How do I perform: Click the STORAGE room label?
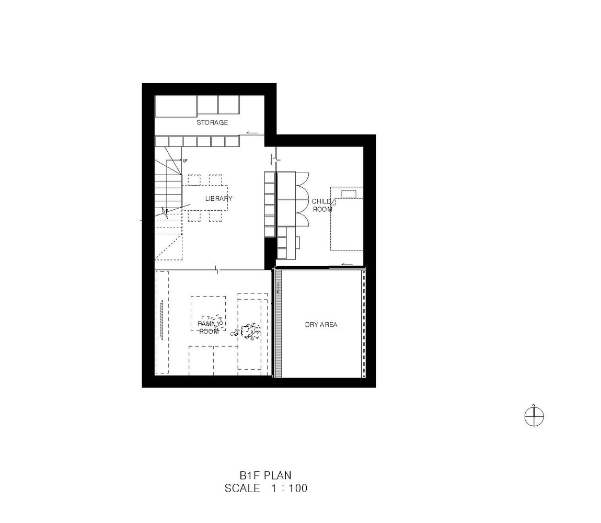tap(212, 122)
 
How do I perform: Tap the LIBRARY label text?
tap(218, 198)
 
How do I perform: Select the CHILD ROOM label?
tap(322, 206)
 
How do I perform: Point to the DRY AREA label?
tap(321, 325)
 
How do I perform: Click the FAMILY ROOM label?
tap(209, 328)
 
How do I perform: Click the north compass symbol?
tap(534, 416)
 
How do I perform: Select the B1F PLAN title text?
tap(265, 475)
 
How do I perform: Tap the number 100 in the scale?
tap(298, 488)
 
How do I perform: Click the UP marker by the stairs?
tap(185, 161)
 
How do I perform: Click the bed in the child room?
tap(346, 219)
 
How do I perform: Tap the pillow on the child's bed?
tap(348, 194)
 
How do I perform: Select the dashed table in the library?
tap(205, 198)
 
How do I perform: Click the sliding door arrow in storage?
tap(252, 133)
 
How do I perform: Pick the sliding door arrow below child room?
tap(347, 264)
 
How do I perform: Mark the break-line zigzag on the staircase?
tap(165, 212)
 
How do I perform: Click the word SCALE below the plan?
tap(242, 488)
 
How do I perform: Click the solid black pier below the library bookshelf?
tap(270, 252)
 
